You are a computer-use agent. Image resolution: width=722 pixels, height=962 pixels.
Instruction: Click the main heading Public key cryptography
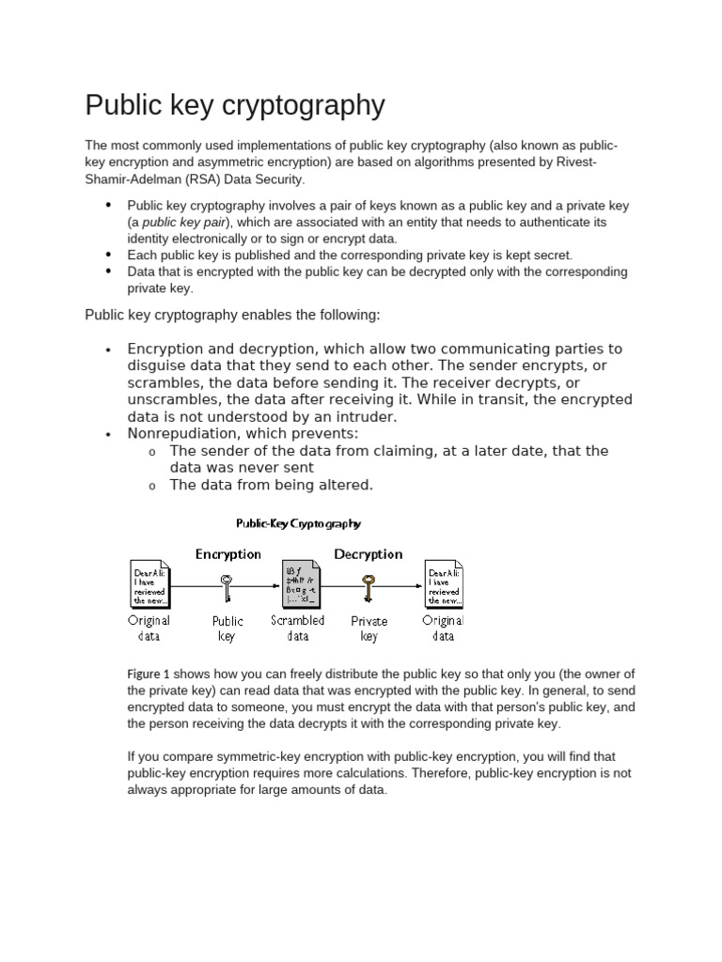tap(235, 105)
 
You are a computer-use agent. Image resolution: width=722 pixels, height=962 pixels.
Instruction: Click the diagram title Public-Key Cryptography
tap(298, 524)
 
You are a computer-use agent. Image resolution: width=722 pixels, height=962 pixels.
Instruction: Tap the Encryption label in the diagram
tap(228, 554)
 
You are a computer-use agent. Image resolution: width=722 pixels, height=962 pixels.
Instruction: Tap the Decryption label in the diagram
tap(369, 554)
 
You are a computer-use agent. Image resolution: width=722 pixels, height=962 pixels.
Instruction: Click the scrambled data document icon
tap(301, 584)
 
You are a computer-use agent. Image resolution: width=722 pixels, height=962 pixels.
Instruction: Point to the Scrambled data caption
tap(298, 628)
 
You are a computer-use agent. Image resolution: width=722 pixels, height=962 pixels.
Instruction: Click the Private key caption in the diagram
tap(369, 628)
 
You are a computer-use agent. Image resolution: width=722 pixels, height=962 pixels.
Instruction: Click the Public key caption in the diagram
tap(227, 628)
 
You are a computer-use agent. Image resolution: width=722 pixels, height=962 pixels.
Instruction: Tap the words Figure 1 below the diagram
tap(149, 675)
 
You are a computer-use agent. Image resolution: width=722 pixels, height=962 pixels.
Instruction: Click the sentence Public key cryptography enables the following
tap(233, 314)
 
